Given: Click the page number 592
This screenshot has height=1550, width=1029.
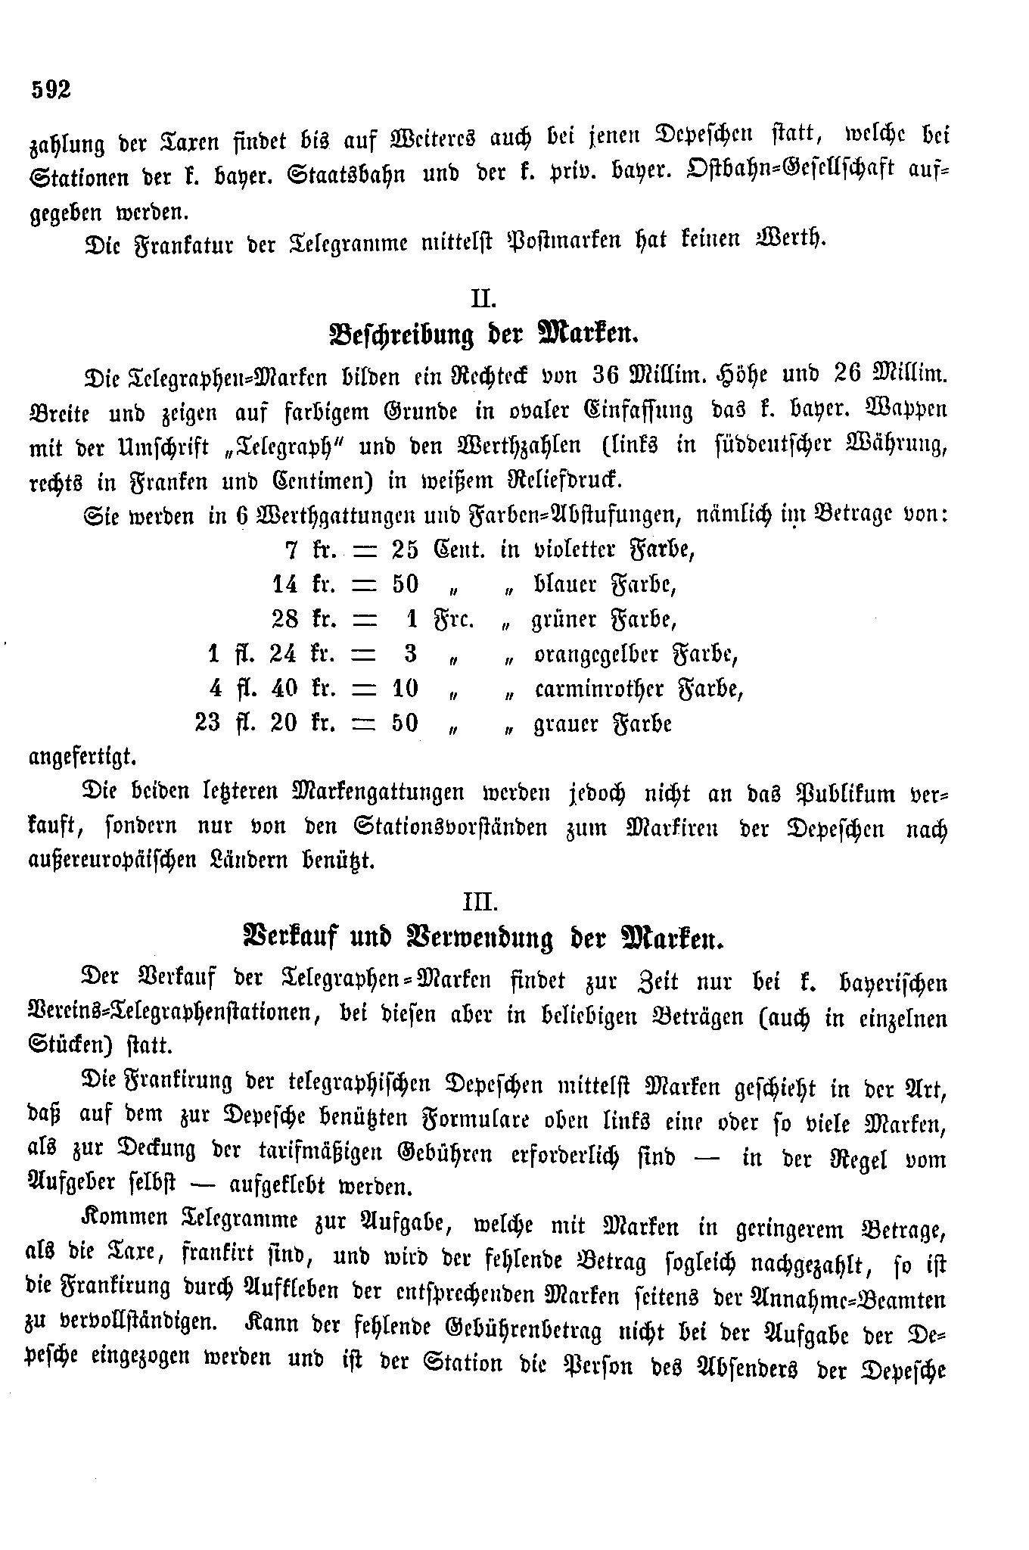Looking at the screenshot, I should (x=51, y=89).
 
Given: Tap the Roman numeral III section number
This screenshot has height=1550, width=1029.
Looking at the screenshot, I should (x=480, y=902).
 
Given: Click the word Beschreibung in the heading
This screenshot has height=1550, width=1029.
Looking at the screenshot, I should (x=402, y=335).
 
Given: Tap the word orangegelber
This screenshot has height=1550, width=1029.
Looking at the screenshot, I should (x=596, y=654).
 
